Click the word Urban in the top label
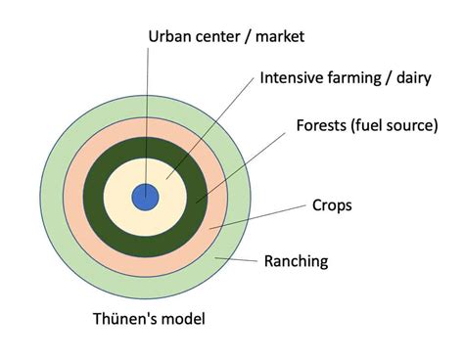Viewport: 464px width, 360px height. tap(168, 37)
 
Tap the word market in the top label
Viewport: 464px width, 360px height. tap(277, 37)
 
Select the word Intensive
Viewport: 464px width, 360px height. tap(292, 78)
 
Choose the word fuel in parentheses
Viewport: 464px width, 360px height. tap(376, 126)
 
